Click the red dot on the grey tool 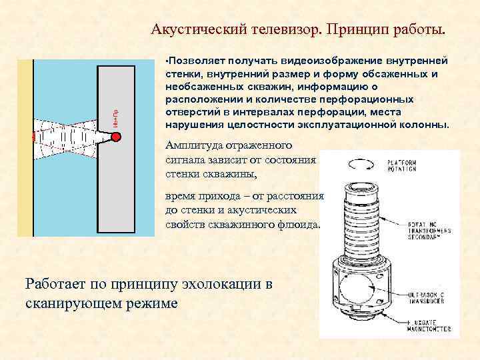(115, 137)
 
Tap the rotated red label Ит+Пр (115, 118)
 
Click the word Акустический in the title (197, 29)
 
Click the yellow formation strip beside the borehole (25, 147)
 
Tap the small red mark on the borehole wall (33, 136)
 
